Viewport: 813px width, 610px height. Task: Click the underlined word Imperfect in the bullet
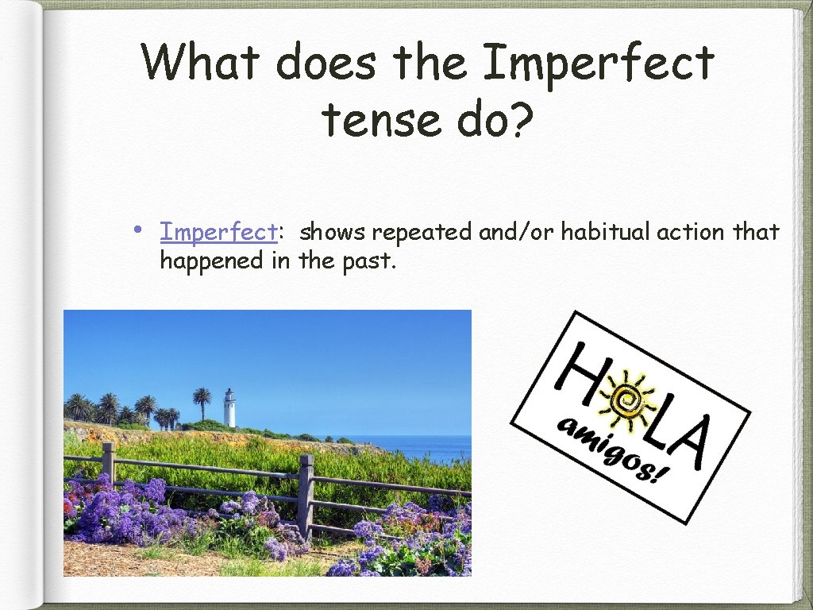click(x=218, y=232)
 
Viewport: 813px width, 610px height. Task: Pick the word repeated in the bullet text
click(x=422, y=232)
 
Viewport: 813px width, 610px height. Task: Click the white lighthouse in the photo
click(x=229, y=408)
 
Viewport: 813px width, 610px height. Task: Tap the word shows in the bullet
click(x=333, y=232)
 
